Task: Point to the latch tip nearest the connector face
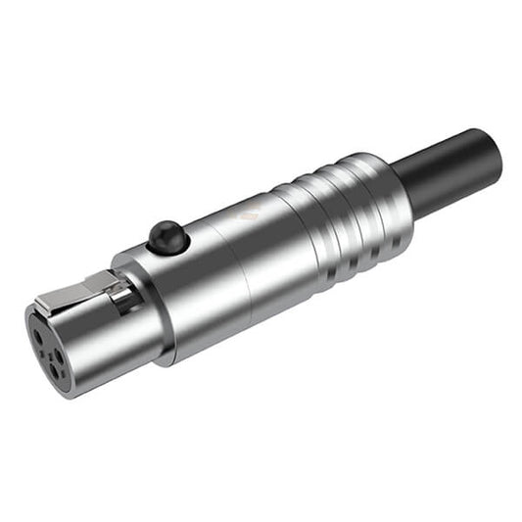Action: coord(44,305)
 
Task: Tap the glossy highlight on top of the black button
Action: coord(162,230)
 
